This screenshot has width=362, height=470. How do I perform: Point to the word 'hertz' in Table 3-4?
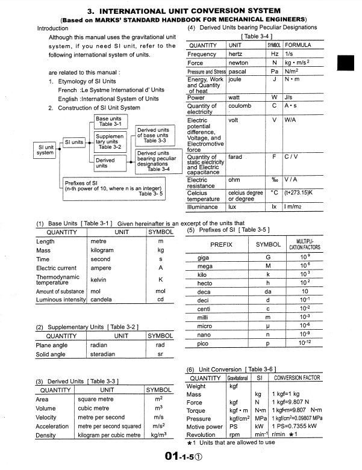(237, 54)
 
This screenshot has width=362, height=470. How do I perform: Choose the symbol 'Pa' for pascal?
(274, 71)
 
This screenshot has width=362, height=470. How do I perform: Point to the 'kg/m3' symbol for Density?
(158, 434)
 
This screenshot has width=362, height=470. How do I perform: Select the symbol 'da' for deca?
(268, 291)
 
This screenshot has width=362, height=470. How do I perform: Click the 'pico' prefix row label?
(204, 343)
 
